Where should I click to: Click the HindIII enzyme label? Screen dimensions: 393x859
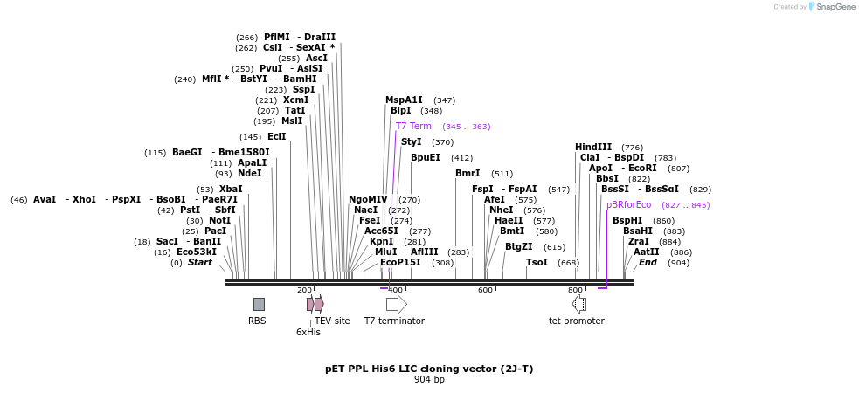click(x=592, y=147)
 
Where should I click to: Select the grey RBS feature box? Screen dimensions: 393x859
click(x=259, y=304)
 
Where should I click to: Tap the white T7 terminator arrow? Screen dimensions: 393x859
click(x=396, y=304)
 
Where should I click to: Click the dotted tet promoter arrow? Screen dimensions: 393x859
click(x=578, y=304)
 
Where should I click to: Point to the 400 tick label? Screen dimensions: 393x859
click(x=395, y=290)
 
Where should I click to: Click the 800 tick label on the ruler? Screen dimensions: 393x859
click(x=575, y=290)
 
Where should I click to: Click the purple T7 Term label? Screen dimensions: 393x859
click(x=413, y=127)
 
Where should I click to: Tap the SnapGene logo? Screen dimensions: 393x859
click(x=832, y=7)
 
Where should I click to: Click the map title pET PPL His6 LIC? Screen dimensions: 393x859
click(x=429, y=369)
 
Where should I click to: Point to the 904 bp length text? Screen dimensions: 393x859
click(x=429, y=379)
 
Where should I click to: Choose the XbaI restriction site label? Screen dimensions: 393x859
click(x=231, y=189)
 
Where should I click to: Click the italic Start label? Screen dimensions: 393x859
click(x=199, y=262)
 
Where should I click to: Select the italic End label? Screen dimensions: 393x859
click(x=648, y=262)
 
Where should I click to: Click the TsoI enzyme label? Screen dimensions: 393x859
click(x=537, y=262)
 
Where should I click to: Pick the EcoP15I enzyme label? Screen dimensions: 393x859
click(x=400, y=262)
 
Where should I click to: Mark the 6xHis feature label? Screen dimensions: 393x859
click(x=308, y=332)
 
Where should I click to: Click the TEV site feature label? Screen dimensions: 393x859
click(x=332, y=321)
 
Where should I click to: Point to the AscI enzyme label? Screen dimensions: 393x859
click(x=316, y=58)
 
